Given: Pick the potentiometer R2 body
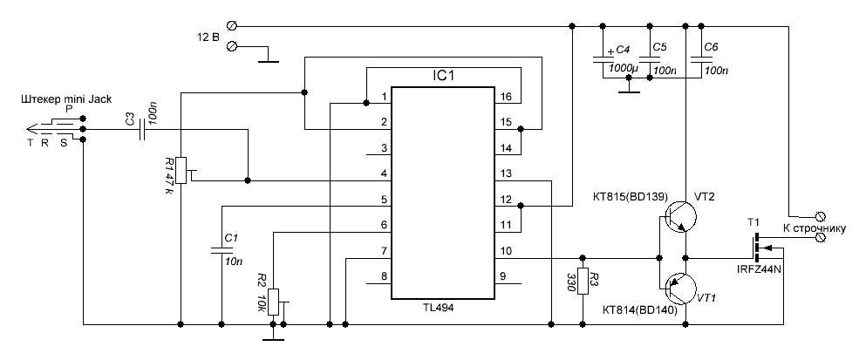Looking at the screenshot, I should point(274,301).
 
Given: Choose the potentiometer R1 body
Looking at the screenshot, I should point(181,170).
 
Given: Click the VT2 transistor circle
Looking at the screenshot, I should point(686,214).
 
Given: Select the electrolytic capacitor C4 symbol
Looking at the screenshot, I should point(603,59).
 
